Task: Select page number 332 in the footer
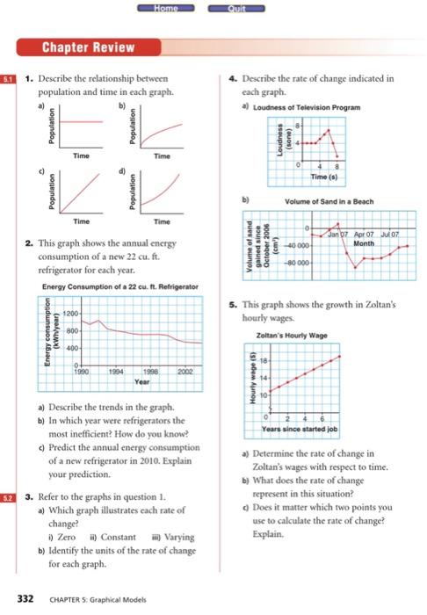point(26,598)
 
